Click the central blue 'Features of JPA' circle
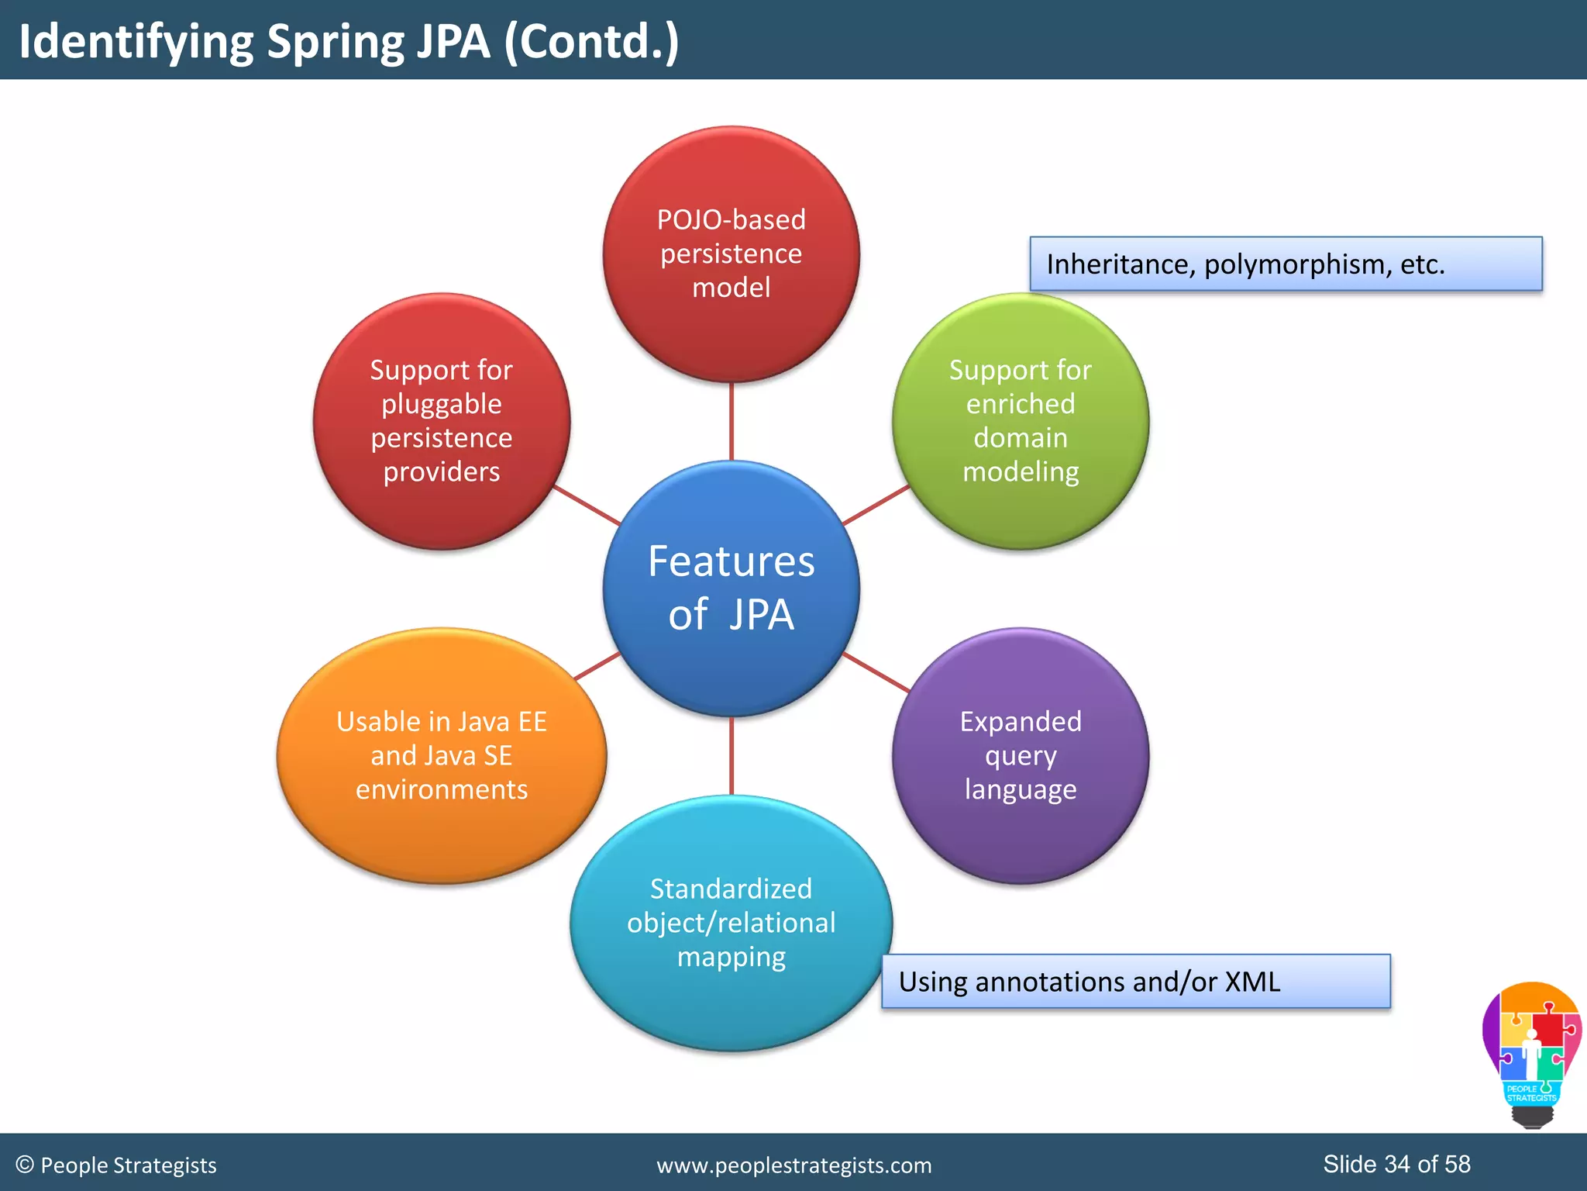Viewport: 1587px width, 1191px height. [732, 588]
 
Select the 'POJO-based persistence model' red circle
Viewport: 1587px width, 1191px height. [732, 254]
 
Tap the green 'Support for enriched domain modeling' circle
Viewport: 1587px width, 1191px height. [1021, 421]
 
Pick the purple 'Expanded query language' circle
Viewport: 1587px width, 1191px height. [1021, 755]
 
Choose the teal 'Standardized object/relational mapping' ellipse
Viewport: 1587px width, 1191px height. [732, 923]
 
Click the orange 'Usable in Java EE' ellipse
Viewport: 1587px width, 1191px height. [442, 755]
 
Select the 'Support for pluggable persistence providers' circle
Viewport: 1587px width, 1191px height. [442, 421]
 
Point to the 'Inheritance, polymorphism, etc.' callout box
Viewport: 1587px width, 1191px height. [1286, 264]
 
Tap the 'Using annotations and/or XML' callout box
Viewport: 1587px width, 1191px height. [1136, 982]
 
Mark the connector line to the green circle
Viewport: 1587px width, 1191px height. [876, 506]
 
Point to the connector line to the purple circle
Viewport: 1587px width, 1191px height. [876, 671]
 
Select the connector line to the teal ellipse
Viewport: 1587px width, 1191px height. [732, 756]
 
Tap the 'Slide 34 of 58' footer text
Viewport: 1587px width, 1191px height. [1396, 1164]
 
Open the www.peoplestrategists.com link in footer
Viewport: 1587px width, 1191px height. [793, 1165]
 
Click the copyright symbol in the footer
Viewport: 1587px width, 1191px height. [25, 1165]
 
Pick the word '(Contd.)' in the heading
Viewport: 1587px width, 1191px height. [592, 42]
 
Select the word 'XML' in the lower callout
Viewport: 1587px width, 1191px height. [1252, 982]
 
